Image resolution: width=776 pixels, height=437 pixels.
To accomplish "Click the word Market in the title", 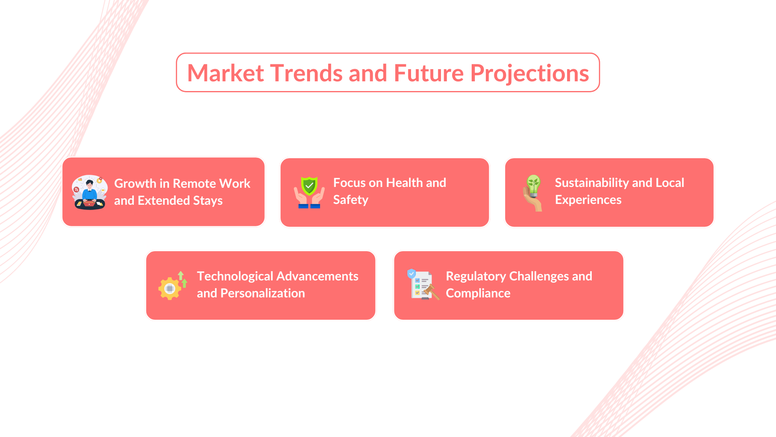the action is (x=226, y=73).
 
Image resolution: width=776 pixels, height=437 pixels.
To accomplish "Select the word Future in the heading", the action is (x=428, y=73).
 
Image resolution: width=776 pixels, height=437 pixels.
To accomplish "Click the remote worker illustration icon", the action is (x=90, y=192).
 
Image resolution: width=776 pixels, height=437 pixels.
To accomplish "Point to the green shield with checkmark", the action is (x=310, y=186).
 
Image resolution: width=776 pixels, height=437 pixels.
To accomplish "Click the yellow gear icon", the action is (x=170, y=288).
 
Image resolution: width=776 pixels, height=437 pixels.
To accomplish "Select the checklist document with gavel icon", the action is (x=423, y=284).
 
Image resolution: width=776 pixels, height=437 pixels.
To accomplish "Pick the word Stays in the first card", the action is (x=208, y=201).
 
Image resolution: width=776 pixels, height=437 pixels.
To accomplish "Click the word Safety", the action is (x=351, y=200).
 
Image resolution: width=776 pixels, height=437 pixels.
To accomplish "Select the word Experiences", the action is (x=588, y=200).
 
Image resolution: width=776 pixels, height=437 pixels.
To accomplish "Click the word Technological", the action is (x=235, y=277).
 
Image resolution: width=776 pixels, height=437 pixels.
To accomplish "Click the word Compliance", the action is (x=478, y=294).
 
